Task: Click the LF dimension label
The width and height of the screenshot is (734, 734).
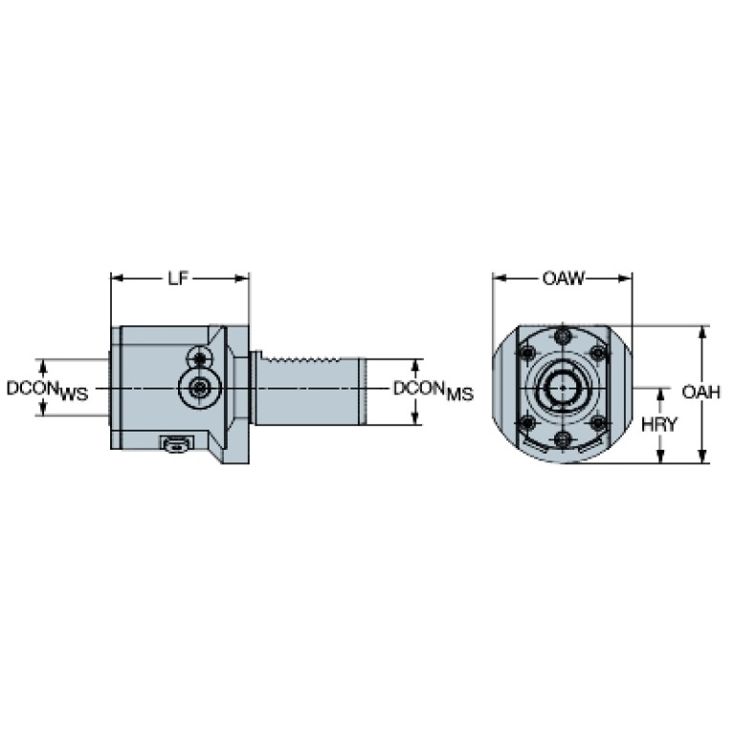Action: pos(178,278)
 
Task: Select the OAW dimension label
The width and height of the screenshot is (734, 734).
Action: pos(564,278)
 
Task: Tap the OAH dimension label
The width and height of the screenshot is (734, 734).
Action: pos(701,392)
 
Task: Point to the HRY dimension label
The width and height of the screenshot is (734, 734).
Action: pos(659,425)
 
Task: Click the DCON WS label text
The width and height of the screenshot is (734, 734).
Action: pos(47,390)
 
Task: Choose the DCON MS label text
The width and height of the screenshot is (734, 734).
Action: pos(434,390)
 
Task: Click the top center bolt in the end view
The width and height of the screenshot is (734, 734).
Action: pos(563,336)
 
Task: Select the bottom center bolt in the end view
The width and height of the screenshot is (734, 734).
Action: pos(563,439)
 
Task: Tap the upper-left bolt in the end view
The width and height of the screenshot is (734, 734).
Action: pos(528,353)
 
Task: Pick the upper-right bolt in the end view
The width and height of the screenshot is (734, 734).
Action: pos(598,353)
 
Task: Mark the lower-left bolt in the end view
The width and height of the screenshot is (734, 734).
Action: pos(528,423)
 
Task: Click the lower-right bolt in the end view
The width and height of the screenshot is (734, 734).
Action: pos(598,423)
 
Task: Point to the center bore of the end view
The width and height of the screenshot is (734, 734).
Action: pos(563,388)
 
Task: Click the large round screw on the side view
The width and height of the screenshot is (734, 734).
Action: pos(200,388)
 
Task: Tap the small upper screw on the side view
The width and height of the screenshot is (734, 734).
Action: pos(200,359)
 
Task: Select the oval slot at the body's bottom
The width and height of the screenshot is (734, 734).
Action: pos(176,445)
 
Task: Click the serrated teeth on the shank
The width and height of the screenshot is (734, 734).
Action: pos(301,360)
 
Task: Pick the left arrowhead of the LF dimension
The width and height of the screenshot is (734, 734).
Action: pos(117,278)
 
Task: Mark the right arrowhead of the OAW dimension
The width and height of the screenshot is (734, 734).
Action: pos(626,278)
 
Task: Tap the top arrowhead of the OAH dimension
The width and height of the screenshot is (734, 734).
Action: pos(701,332)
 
